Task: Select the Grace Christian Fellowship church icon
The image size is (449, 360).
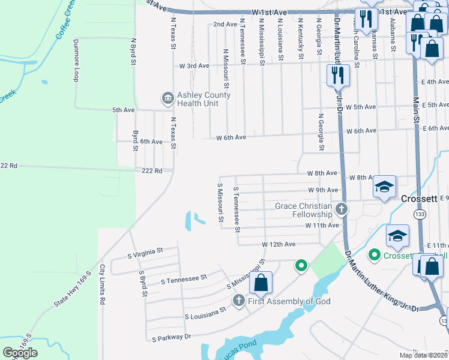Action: tap(341, 209)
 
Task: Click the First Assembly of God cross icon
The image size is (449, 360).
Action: tap(238, 301)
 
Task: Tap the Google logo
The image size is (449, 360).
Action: tap(20, 353)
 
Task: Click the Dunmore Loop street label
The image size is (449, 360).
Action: tap(76, 61)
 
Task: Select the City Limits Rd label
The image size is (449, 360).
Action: tap(103, 285)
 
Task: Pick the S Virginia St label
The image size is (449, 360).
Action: tap(145, 252)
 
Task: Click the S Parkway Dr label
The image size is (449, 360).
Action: tap(171, 337)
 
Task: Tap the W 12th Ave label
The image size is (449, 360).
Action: tap(279, 245)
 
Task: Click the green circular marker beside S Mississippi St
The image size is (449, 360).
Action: tap(301, 265)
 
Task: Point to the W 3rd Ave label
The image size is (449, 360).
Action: tap(193, 65)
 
